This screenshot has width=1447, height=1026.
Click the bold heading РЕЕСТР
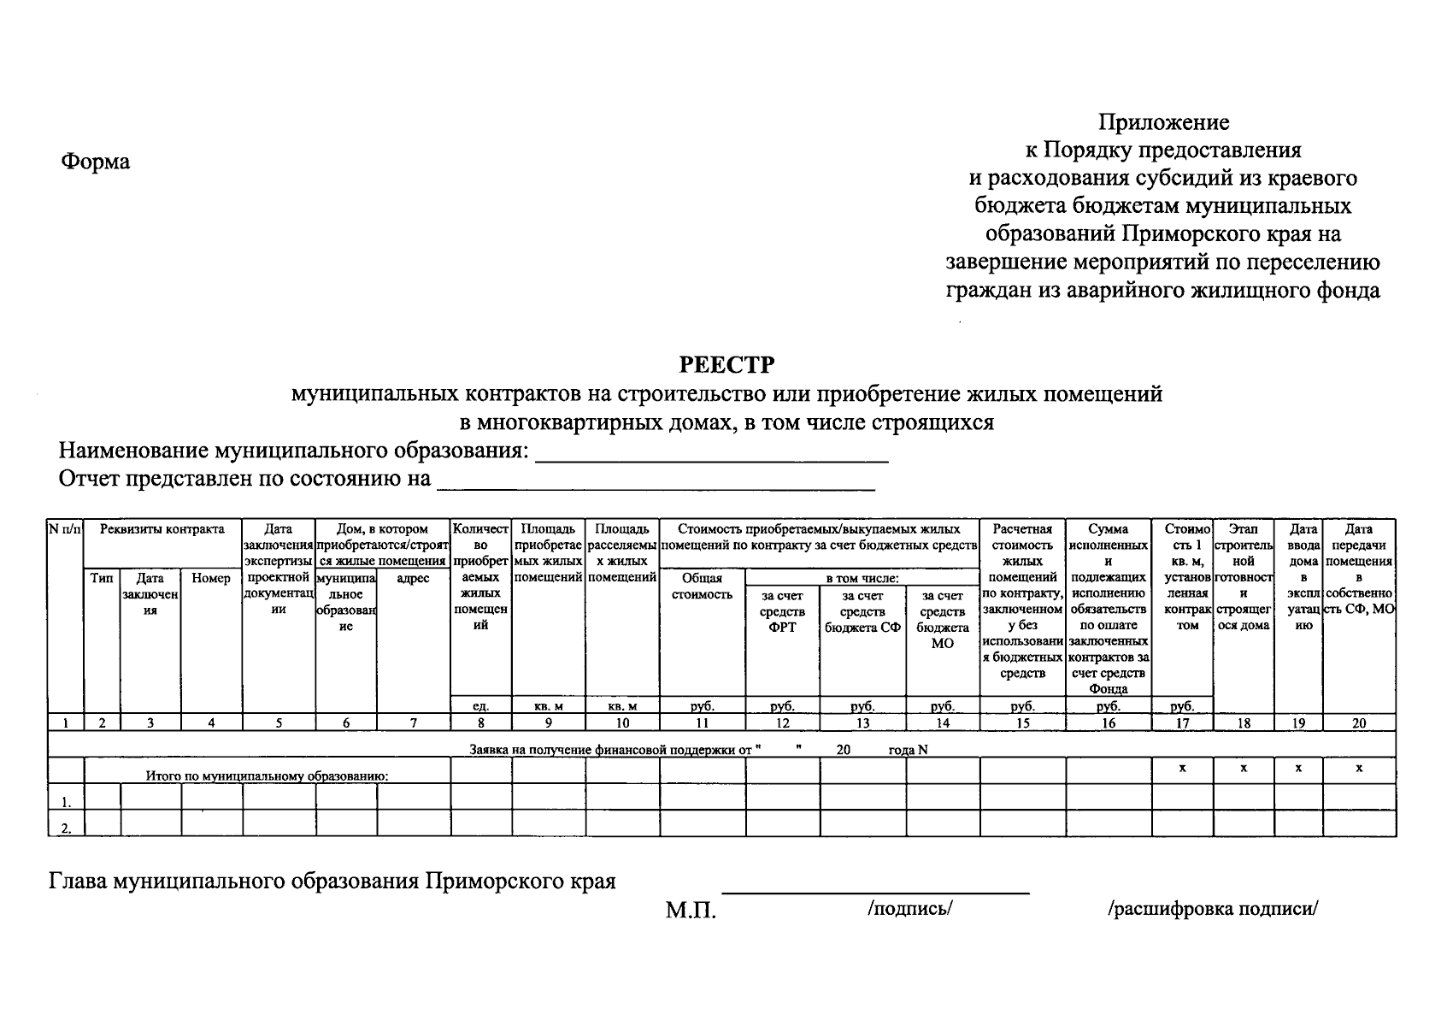[x=726, y=365]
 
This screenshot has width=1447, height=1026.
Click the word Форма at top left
[x=95, y=162]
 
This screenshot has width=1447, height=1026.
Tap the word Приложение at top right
[x=1163, y=122]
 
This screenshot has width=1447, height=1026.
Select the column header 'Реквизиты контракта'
[x=162, y=529]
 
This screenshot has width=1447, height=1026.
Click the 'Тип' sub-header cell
[x=102, y=579]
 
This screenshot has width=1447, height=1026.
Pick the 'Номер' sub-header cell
[x=211, y=579]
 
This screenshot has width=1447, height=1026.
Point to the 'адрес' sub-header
[x=413, y=579]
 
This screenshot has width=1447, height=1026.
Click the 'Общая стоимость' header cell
[x=702, y=587]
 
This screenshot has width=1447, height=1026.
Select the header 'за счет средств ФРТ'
[x=782, y=610]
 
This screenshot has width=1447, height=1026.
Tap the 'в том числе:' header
[x=862, y=579]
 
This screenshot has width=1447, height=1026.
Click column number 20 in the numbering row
[x=1358, y=723]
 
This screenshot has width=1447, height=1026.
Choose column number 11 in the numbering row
[x=702, y=723]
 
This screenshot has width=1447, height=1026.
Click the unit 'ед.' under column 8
[x=481, y=706]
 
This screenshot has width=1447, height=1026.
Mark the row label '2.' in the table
[x=66, y=828]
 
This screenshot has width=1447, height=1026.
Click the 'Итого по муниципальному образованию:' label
[x=267, y=776]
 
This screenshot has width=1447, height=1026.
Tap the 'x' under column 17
[x=1182, y=769]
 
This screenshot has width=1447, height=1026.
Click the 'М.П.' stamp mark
[x=691, y=911]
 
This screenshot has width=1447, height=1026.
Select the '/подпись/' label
[x=909, y=909]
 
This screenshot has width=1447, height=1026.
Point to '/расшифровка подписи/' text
[x=1213, y=909]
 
